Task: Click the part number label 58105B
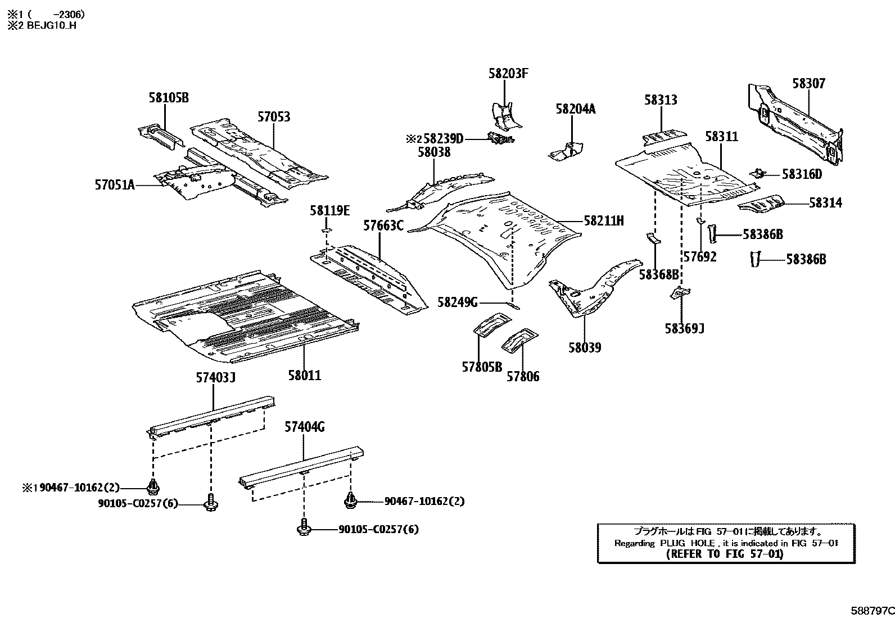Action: (x=168, y=97)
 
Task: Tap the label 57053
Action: (x=274, y=117)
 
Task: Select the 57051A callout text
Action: (x=115, y=184)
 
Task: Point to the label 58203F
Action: (x=508, y=74)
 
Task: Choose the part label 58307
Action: (x=808, y=84)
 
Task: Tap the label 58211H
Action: (x=604, y=220)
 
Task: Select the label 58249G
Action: (x=457, y=303)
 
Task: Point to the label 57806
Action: (x=523, y=377)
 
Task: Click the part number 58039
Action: (x=584, y=348)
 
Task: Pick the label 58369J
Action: (x=684, y=328)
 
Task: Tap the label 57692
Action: (x=699, y=257)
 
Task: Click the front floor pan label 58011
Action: (x=304, y=375)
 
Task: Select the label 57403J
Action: (x=215, y=378)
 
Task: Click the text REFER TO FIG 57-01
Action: (x=724, y=554)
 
